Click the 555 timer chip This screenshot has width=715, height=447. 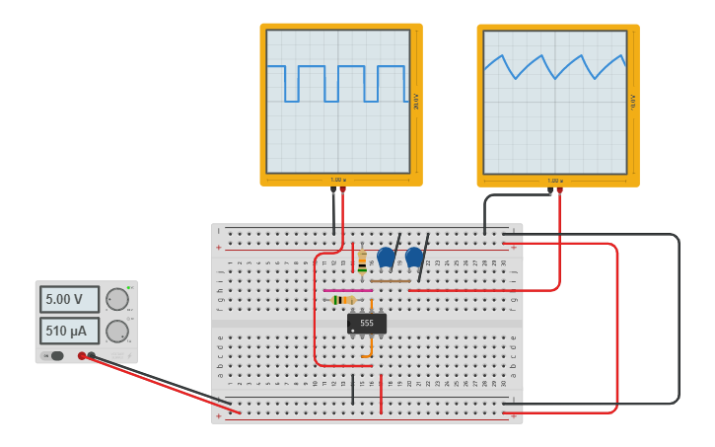tap(367, 323)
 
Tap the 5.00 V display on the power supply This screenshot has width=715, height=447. tap(69, 299)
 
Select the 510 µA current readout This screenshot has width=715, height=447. tap(69, 331)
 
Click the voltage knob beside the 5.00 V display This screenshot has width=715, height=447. tap(117, 299)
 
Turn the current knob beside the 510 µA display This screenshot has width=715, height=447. tap(117, 331)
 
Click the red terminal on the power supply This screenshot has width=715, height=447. tap(82, 355)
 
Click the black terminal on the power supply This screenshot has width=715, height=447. tap(92, 355)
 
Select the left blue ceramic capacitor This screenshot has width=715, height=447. tap(386, 257)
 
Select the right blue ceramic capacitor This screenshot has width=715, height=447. tap(414, 257)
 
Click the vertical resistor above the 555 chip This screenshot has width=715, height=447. tap(362, 261)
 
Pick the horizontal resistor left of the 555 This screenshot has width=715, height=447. tap(343, 300)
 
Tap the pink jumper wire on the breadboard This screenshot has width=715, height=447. tap(345, 290)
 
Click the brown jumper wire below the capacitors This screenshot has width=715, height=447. tap(391, 281)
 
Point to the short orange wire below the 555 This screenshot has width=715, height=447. tap(370, 347)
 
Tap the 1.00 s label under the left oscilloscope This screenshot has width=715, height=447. tap(337, 180)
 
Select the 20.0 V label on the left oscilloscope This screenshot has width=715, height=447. tap(416, 102)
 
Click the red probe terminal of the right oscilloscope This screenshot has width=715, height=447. tap(559, 190)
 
